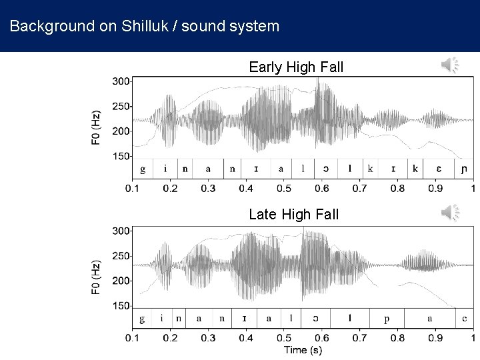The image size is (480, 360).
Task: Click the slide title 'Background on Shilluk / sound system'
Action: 145,27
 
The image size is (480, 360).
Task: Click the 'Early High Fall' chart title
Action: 293,67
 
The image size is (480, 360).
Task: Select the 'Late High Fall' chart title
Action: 293,215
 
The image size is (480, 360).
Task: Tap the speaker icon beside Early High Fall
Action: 450,65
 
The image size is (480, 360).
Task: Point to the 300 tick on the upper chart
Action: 121,81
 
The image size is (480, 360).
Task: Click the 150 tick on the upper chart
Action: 121,157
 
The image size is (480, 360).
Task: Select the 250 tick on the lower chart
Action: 121,256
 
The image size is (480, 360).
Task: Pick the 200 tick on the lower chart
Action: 121,281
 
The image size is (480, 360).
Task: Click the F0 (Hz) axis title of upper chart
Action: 97,127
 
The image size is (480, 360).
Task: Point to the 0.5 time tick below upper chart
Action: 285,189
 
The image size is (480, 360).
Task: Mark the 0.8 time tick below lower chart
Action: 398,339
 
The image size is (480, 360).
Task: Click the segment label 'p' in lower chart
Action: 387,319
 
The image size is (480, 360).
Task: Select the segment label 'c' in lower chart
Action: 465,319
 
